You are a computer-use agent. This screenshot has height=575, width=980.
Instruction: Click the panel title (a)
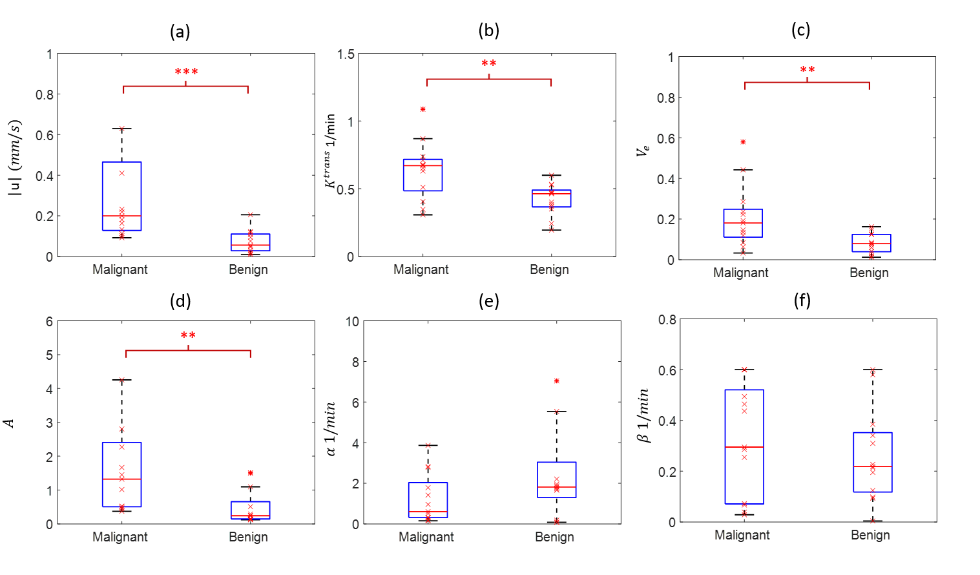180,32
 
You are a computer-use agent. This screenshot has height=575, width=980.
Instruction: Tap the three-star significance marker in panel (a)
186,72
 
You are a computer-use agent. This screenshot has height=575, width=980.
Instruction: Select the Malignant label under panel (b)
421,269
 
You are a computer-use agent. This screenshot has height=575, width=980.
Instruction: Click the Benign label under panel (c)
869,273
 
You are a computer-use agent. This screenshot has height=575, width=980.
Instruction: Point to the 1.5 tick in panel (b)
346,54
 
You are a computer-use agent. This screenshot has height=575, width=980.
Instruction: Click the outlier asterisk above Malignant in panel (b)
423,110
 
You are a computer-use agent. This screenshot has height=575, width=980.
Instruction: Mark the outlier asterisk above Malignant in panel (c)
743,142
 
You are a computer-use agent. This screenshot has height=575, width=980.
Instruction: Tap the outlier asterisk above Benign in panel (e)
556,381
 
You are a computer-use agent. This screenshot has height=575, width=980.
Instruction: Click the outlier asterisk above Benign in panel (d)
251,473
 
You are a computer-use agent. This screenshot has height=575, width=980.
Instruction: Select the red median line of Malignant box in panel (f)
744,447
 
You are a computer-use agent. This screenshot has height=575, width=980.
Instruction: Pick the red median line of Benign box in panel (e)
556,487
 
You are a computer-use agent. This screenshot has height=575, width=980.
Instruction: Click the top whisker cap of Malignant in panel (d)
121,380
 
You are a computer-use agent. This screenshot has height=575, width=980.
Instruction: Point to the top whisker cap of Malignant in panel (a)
121,129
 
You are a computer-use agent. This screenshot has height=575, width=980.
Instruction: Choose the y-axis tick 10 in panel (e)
352,322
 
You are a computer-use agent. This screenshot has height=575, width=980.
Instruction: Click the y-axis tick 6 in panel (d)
49,322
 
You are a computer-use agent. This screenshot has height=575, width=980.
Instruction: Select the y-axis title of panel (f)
643,415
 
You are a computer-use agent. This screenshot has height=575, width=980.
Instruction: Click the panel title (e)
489,301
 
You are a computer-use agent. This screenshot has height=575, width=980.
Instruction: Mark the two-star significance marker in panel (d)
188,335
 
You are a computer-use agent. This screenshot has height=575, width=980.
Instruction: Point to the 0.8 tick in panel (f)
667,320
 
